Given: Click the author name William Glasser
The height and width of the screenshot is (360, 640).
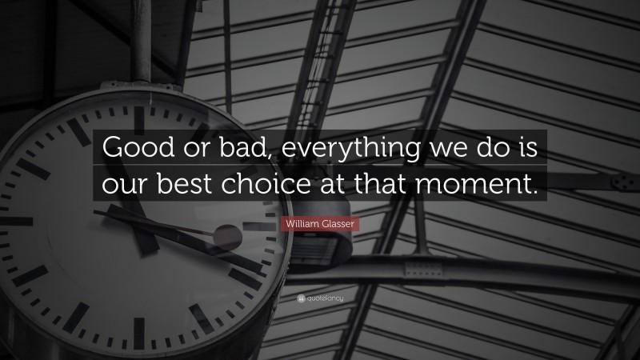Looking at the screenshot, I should coord(321,225).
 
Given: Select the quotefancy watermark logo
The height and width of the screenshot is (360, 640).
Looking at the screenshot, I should coord(320,298).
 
